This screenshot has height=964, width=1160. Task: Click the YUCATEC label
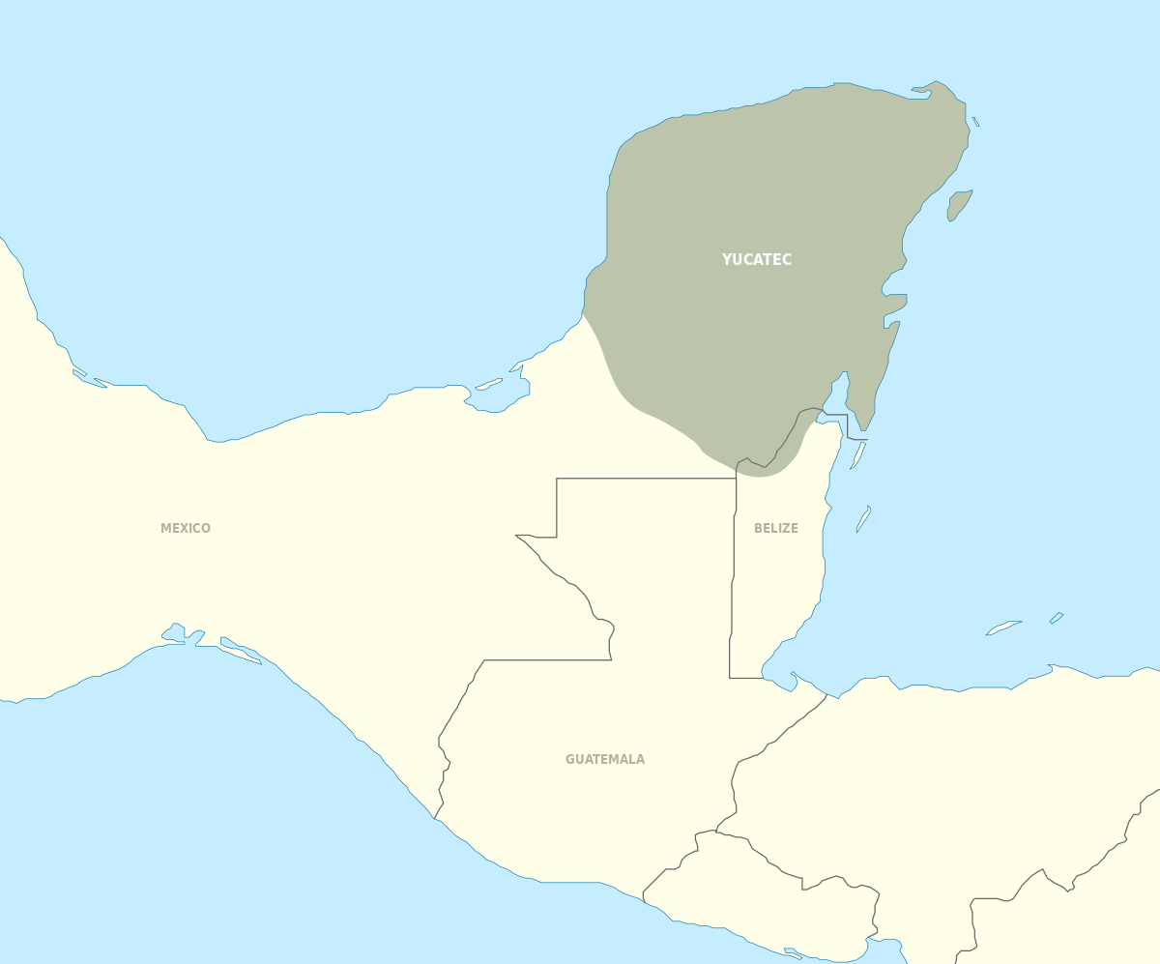click(x=757, y=259)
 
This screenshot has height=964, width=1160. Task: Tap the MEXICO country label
click(x=186, y=528)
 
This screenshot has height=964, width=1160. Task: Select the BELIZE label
click(x=776, y=528)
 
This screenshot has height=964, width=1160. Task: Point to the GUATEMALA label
click(x=605, y=759)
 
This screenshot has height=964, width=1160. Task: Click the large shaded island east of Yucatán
click(x=959, y=204)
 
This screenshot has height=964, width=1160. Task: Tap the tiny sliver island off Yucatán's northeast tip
click(x=976, y=122)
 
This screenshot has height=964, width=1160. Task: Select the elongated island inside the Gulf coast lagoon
click(x=488, y=384)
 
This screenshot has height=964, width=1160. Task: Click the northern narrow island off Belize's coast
click(x=857, y=455)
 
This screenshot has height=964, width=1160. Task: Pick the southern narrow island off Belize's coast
click(x=863, y=519)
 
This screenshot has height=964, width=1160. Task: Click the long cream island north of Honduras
click(x=1003, y=628)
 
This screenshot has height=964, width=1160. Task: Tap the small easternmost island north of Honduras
click(x=1057, y=617)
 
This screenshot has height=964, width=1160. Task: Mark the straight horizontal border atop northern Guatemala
click(x=646, y=478)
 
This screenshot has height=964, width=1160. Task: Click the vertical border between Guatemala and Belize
click(x=733, y=580)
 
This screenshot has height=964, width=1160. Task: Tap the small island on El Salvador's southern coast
click(x=793, y=952)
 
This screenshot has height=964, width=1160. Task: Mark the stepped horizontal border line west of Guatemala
click(x=547, y=660)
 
